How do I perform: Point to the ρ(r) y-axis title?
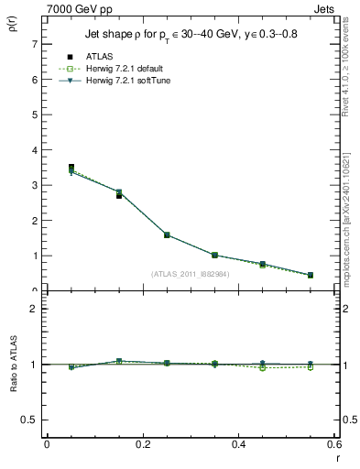click(13, 27)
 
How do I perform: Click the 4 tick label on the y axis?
click(34, 150)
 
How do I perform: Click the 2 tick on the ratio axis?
click(34, 309)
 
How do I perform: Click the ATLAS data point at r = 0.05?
click(71, 168)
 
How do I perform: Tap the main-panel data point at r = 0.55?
click(311, 275)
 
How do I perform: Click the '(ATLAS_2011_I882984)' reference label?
click(191, 273)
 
